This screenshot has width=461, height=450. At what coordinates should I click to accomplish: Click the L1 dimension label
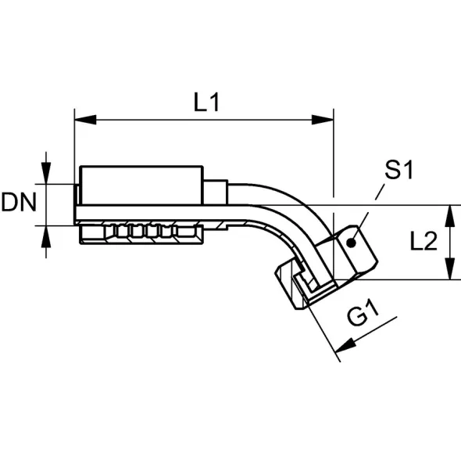[207, 103]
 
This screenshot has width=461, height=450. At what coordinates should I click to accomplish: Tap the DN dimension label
[19, 202]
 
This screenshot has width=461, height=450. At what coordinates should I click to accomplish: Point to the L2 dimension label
[423, 240]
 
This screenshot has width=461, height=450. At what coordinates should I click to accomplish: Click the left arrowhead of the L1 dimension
[85, 120]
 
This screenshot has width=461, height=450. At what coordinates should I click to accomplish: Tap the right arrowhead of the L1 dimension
[323, 120]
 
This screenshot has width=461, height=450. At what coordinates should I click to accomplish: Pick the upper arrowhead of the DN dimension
[46, 174]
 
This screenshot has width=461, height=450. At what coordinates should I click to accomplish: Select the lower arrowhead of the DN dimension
[46, 237]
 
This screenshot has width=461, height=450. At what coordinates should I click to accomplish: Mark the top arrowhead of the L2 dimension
[450, 216]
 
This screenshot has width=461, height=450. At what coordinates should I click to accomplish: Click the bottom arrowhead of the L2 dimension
[450, 268]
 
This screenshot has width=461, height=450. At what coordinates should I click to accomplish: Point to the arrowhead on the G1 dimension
[345, 344]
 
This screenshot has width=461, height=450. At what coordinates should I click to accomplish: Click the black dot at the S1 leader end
[351, 243]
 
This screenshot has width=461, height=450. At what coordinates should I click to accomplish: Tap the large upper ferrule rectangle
[141, 185]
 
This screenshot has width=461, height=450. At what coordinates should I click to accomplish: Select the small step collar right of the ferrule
[216, 192]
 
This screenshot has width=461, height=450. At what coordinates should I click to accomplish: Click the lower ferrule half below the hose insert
[141, 235]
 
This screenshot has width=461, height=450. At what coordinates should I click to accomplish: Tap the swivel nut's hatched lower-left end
[286, 284]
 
